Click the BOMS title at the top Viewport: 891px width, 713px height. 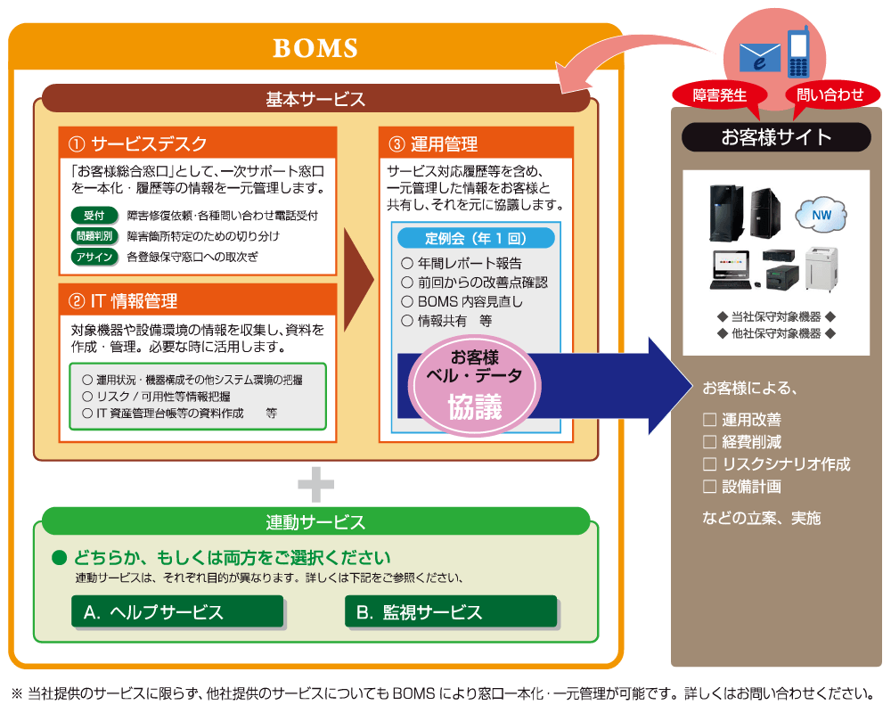pyautogui.click(x=315, y=48)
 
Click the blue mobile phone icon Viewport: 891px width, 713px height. pyautogui.click(x=798, y=52)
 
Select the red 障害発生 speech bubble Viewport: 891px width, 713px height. pyautogui.click(x=719, y=96)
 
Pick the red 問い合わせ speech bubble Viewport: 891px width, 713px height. pyautogui.click(x=830, y=95)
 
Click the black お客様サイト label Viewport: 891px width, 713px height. pyautogui.click(x=776, y=137)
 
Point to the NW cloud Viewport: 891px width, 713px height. pyautogui.click(x=822, y=215)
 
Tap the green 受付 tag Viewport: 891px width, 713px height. pyautogui.click(x=94, y=216)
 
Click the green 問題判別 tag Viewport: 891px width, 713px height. pyautogui.click(x=94, y=236)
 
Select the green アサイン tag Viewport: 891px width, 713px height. pyautogui.click(x=94, y=257)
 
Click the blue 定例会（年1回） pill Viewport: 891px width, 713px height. pyautogui.click(x=476, y=238)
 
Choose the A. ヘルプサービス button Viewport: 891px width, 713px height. pyautogui.click(x=177, y=611)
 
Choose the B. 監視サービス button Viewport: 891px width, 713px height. pyautogui.click(x=451, y=611)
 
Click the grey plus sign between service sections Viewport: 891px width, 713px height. pyautogui.click(x=316, y=485)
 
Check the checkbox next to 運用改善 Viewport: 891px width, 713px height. pyautogui.click(x=709, y=420)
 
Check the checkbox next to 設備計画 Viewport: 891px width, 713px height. pyautogui.click(x=709, y=486)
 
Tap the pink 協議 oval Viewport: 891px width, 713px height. pyautogui.click(x=475, y=386)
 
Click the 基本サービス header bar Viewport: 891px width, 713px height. pyautogui.click(x=316, y=98)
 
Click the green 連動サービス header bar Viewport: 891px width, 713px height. pyautogui.click(x=316, y=521)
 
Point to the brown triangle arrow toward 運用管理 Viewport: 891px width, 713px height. pyautogui.click(x=357, y=280)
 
